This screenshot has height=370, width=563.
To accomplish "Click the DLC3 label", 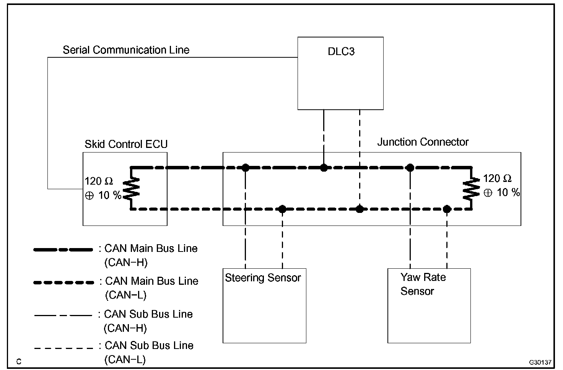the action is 341,52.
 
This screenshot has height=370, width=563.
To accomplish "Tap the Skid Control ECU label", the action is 126,144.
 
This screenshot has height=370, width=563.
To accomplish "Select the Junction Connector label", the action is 423,142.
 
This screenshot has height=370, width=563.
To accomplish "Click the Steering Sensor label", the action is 263,278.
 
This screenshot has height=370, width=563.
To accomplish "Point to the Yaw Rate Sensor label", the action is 423,284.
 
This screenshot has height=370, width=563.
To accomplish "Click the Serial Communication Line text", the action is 126,50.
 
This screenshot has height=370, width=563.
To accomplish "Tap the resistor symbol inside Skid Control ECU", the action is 131,189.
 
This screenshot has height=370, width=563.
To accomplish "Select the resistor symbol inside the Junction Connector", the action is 471,189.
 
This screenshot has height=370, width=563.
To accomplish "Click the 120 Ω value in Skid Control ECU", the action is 99,181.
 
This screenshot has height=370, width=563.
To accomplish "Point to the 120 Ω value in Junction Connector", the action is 497,179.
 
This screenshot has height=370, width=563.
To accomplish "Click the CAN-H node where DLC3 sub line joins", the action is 324,167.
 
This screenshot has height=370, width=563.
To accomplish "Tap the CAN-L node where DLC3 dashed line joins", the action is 360,209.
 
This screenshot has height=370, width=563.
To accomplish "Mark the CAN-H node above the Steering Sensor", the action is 245,167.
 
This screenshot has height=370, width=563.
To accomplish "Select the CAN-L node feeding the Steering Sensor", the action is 282,209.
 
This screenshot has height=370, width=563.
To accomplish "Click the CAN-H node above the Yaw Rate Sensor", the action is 410,167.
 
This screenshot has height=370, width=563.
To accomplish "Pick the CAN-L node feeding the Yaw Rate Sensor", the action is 447,209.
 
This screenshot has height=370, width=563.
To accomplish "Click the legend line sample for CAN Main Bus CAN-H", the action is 63,250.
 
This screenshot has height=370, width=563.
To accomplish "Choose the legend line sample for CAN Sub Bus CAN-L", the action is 63,348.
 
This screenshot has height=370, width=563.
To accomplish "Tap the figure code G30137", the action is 540,362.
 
